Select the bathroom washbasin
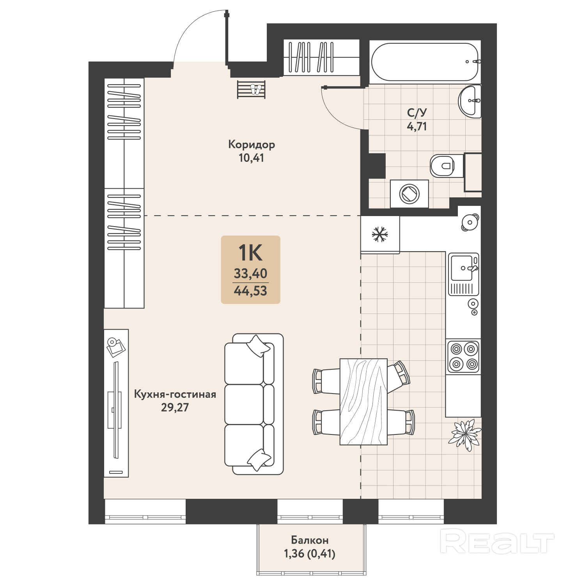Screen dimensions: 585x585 (x=470, y=101)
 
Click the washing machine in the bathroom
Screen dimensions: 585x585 (x=409, y=194)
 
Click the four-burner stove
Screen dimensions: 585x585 (x=463, y=356)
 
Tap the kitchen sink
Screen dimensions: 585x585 (x=463, y=274)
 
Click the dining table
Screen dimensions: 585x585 (x=363, y=402)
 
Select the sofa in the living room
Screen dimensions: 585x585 (x=254, y=404)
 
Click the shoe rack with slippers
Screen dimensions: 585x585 (x=252, y=90)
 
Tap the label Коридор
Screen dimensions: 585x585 (x=252, y=145)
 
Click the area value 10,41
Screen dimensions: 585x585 (x=252, y=158)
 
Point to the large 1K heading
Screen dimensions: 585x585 (x=250, y=253)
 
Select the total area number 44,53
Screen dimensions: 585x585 (x=250, y=291)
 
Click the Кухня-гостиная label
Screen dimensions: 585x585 (x=175, y=394)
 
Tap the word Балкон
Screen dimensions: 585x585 (x=310, y=540)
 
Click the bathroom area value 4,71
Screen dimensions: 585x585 (x=417, y=126)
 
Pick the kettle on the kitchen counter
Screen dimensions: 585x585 (x=470, y=223)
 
